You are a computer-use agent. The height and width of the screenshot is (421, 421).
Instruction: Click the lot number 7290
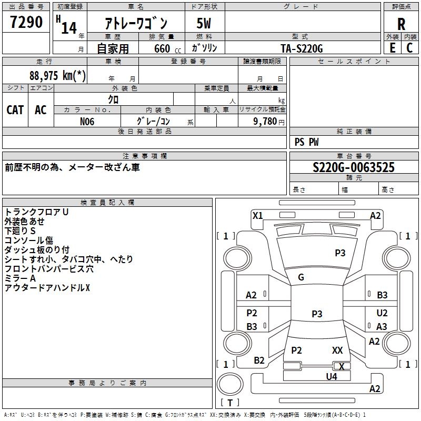tap(26, 22)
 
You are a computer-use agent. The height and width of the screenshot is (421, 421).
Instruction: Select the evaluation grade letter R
tap(401, 24)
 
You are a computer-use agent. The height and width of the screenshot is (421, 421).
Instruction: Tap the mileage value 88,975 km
tap(58, 75)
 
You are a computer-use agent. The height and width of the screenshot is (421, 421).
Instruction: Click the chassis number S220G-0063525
tap(353, 167)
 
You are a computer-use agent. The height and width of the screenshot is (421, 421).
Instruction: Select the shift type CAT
tap(15, 109)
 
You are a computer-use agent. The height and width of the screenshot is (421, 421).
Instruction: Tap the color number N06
tap(87, 121)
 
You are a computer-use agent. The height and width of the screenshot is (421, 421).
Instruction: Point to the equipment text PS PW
tap(306, 142)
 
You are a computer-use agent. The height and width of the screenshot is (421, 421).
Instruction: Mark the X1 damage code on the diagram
tap(257, 215)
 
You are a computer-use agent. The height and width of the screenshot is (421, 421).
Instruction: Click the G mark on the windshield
tap(300, 277)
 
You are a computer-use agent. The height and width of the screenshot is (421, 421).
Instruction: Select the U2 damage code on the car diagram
tap(382, 313)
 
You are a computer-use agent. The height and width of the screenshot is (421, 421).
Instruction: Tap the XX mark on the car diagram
tap(337, 350)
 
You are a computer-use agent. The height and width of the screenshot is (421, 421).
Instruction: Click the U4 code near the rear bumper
tap(331, 376)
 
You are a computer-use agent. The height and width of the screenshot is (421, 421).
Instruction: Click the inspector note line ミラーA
tap(20, 278)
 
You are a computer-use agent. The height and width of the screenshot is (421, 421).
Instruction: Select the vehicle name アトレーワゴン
tap(136, 24)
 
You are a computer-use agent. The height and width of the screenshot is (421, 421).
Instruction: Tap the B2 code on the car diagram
tap(259, 360)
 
